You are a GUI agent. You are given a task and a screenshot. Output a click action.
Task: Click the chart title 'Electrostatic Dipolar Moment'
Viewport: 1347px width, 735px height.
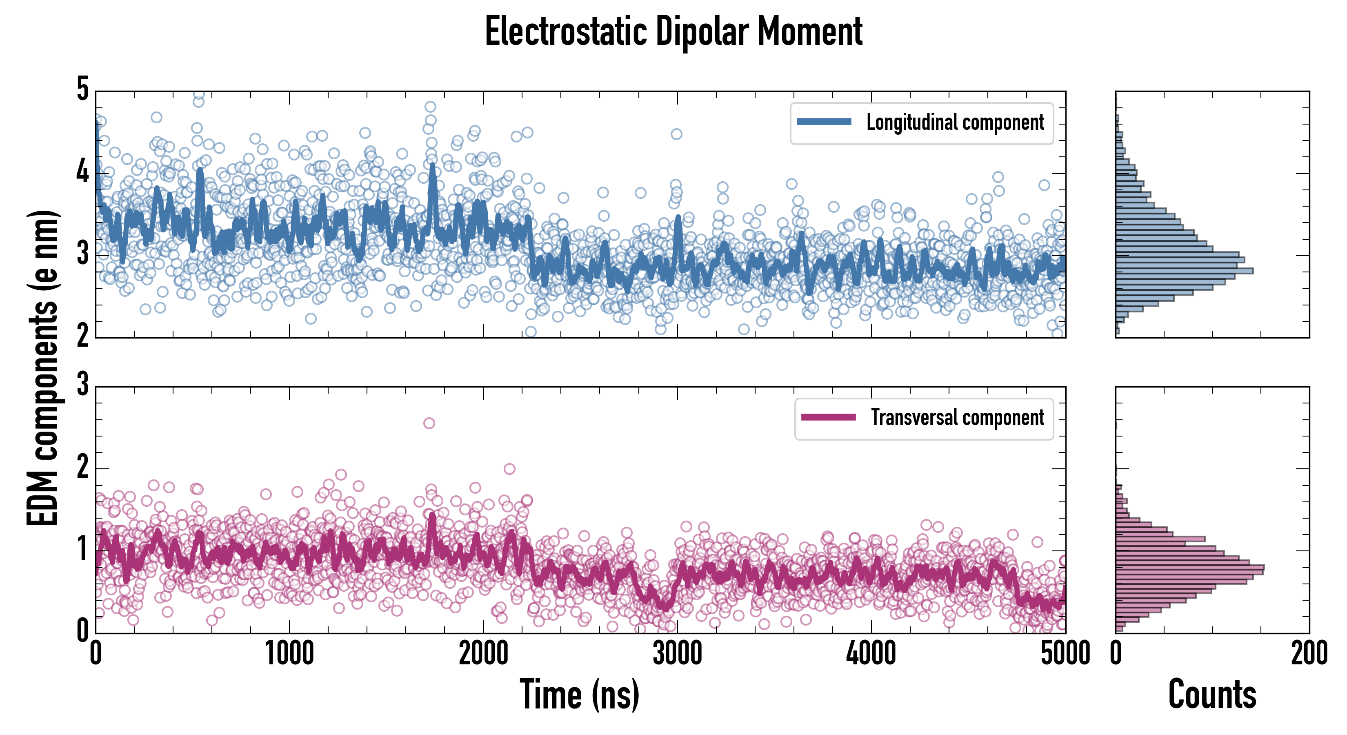tap(673, 31)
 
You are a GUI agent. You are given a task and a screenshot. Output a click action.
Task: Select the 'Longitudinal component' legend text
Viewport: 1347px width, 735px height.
tap(955, 122)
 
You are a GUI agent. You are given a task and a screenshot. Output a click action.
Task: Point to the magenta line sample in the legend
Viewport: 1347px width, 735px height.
tap(828, 417)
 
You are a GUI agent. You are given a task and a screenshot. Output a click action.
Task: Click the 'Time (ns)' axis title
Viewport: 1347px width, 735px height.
tap(579, 695)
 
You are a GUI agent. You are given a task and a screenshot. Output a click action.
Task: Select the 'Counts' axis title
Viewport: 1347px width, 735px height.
tap(1212, 695)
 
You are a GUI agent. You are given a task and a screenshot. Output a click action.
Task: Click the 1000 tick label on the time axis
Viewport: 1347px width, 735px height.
tap(289, 654)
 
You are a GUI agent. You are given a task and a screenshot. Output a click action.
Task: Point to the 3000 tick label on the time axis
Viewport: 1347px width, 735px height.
tap(677, 654)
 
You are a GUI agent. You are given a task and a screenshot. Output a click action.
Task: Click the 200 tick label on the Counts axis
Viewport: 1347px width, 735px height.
tap(1309, 654)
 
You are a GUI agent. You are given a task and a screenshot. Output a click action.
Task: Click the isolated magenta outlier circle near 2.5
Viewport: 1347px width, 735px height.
tap(429, 423)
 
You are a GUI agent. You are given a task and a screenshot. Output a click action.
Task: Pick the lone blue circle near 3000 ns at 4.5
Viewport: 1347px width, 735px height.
tap(676, 134)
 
